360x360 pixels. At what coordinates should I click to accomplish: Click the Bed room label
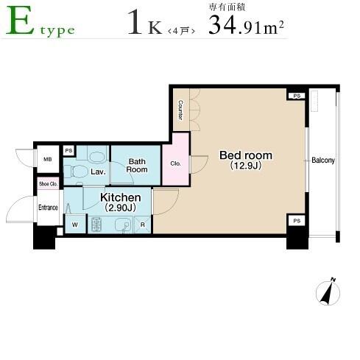246,155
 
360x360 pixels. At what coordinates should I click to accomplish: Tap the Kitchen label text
121,197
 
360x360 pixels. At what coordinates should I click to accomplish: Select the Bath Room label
137,166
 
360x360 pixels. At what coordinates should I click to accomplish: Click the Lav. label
98,172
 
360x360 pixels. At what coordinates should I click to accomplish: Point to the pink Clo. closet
176,160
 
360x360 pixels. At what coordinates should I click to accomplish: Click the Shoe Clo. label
48,184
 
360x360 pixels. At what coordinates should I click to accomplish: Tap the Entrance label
48,208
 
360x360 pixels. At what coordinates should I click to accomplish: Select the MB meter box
48,159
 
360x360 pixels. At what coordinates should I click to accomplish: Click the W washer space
75,225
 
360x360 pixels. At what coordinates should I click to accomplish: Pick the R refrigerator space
143,225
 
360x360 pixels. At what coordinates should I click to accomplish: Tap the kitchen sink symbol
124,225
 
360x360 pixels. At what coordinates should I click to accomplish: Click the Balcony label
323,160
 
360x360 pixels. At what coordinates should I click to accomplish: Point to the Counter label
180,110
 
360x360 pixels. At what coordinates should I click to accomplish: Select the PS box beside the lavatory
68,150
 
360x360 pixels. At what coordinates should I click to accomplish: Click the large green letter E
20,20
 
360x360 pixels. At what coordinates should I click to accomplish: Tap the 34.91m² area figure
246,25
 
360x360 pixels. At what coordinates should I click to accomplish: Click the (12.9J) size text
246,166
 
